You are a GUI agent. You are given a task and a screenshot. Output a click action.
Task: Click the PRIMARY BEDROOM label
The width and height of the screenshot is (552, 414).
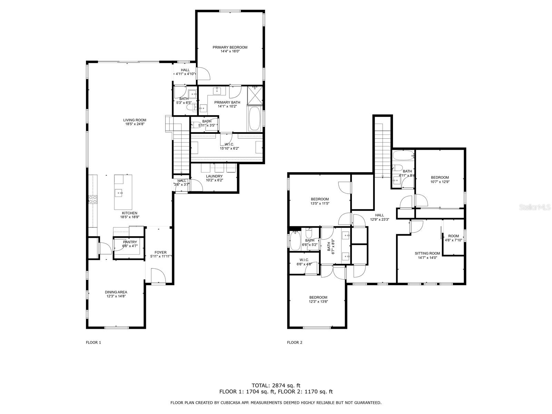point(230,47)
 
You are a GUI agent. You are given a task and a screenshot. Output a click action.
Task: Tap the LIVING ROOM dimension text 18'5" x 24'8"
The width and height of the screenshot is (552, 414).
point(135,124)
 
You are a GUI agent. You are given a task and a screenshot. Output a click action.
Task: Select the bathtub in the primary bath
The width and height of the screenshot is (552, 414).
point(255,119)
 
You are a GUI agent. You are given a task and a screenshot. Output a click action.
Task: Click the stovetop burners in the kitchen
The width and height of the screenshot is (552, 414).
point(93,200)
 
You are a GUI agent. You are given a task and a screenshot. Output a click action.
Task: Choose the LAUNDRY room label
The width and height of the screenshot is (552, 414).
point(214,176)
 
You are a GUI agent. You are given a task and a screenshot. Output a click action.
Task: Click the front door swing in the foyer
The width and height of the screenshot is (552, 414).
point(158,276)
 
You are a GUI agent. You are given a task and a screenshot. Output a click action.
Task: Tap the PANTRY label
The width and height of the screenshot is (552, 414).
point(130,242)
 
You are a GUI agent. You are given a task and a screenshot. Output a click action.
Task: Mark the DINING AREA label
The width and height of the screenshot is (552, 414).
point(116,292)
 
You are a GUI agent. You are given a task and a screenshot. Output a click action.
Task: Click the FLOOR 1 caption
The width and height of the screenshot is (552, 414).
point(93,342)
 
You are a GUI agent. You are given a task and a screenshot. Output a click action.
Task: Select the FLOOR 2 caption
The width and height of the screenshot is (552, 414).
point(295,342)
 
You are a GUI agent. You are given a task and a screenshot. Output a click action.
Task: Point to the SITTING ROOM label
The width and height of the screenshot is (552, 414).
point(427,253)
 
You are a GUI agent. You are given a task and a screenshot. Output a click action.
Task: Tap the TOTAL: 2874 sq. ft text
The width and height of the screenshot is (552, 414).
point(276,385)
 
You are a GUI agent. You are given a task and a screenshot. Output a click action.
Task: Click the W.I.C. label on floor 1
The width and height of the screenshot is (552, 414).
point(229,144)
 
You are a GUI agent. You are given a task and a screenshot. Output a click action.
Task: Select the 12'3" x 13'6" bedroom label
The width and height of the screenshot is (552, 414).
point(318,299)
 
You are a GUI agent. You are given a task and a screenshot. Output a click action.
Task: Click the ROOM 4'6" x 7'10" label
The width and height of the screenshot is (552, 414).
point(453,238)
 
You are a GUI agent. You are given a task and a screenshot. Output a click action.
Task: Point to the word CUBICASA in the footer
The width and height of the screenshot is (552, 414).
point(233,403)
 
